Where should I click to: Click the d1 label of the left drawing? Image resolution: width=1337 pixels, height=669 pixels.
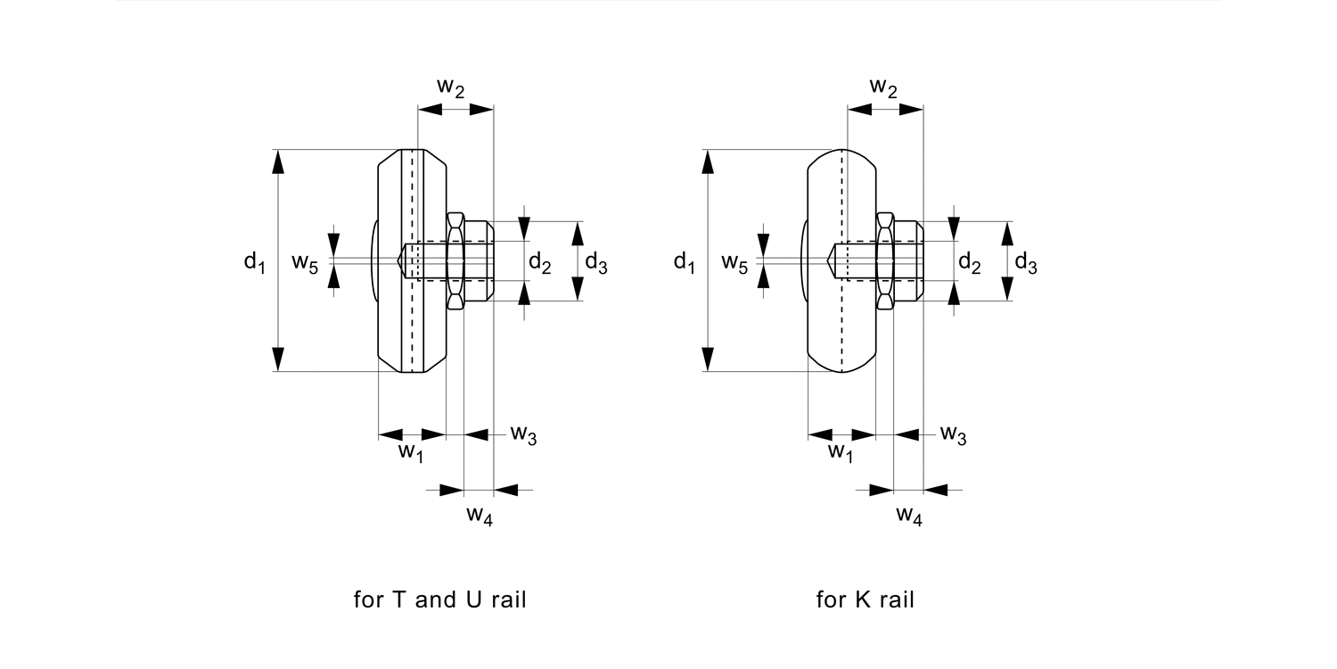[254, 262]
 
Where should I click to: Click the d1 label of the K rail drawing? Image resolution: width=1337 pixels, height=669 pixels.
[685, 262]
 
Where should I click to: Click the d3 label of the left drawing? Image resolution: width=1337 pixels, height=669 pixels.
[596, 264]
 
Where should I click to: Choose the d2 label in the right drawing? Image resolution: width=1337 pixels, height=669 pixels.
[970, 262]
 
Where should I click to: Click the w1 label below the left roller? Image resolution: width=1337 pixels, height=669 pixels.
[410, 452]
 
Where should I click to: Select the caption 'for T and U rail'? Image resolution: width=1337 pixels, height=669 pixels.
[440, 599]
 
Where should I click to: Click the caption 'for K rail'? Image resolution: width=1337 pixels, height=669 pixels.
[865, 599]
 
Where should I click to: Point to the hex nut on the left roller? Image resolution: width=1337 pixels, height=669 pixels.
[455, 261]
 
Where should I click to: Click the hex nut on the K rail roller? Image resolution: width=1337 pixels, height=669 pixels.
[885, 261]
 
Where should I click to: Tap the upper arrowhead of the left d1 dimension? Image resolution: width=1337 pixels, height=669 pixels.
[278, 161]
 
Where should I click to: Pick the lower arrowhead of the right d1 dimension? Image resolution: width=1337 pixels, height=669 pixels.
[708, 359]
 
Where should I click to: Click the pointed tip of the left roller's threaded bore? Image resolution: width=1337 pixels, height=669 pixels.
[398, 261]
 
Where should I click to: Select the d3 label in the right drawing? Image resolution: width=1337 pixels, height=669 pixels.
[1026, 264]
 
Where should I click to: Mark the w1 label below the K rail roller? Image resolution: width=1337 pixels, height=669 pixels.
[840, 452]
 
